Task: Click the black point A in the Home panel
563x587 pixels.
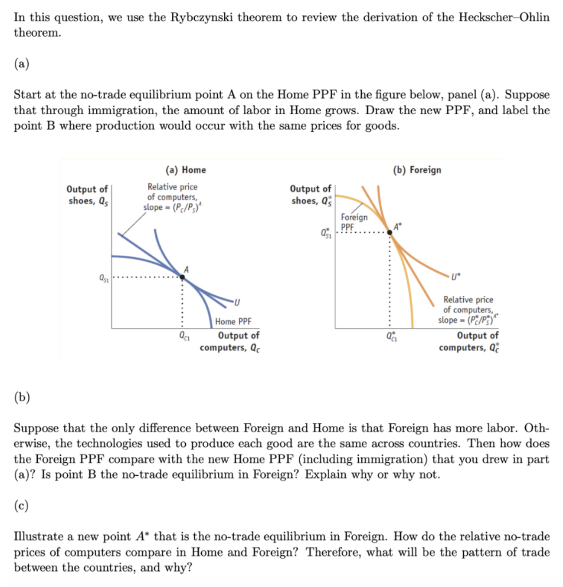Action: (183, 276)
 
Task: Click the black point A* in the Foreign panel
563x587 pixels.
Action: (391, 231)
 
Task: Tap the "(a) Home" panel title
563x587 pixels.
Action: (185, 170)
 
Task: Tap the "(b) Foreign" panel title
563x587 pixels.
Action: (417, 170)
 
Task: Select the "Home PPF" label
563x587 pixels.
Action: (233, 322)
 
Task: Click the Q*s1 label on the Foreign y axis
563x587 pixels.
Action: (327, 233)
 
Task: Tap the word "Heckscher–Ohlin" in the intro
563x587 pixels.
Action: (504, 17)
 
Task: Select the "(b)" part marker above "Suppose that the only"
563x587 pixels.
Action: (22, 397)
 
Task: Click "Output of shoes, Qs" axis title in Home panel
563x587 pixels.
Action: (87, 195)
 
